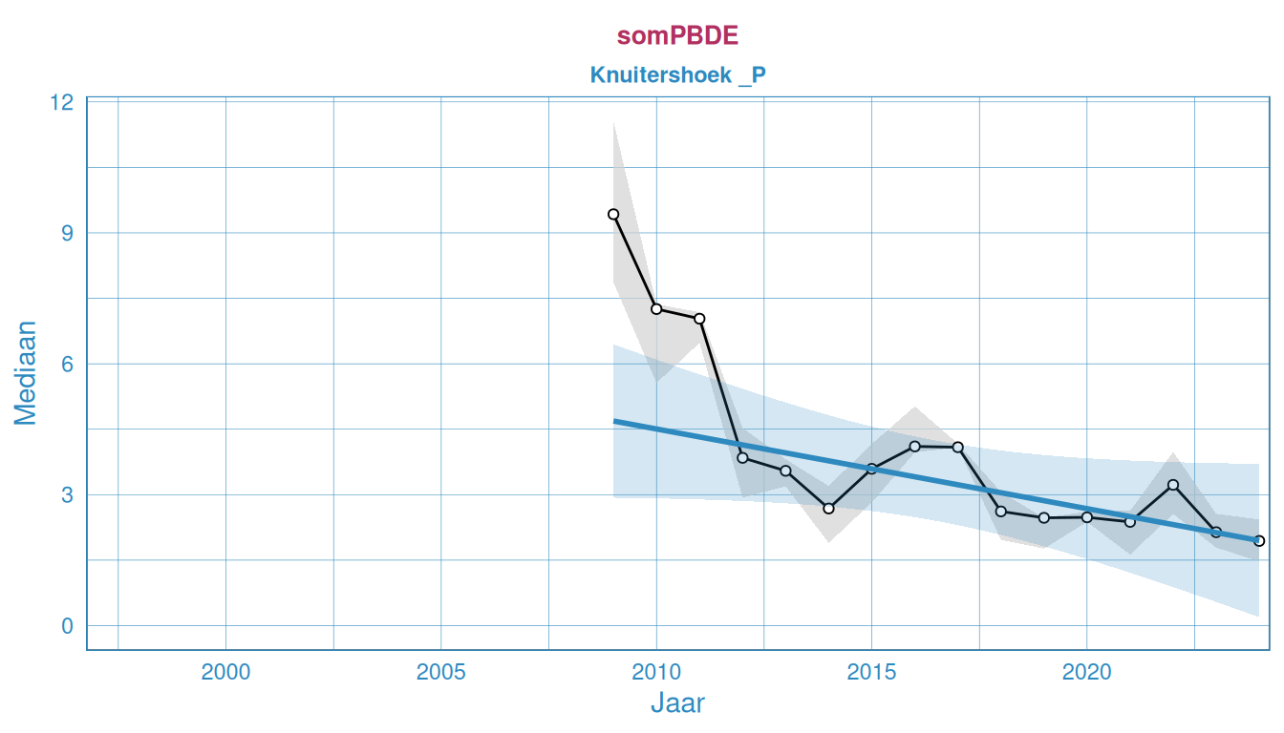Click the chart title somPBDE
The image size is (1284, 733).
[x=677, y=36]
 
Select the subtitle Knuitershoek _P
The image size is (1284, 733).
[x=677, y=74]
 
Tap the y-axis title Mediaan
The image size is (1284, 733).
[x=25, y=372]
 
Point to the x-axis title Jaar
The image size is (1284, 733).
[x=677, y=703]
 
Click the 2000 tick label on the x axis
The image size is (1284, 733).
[x=225, y=672]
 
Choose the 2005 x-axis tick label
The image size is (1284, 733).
[x=440, y=672]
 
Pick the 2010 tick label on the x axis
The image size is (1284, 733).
[x=656, y=672]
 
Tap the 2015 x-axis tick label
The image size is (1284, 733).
[x=871, y=672]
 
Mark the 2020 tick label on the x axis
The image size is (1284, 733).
[x=1086, y=672]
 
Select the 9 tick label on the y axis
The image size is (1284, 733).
[x=67, y=233]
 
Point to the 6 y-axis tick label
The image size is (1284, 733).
[x=67, y=364]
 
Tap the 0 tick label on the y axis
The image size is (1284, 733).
[x=67, y=626]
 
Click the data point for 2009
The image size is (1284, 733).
[x=613, y=215]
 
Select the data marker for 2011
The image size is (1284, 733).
[x=699, y=319]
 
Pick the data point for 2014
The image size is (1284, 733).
[x=828, y=509]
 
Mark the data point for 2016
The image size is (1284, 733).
[x=914, y=446]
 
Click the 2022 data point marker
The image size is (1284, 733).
[x=1173, y=485]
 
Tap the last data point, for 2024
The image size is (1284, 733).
[x=1259, y=541]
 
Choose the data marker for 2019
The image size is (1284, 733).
[x=1043, y=517]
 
